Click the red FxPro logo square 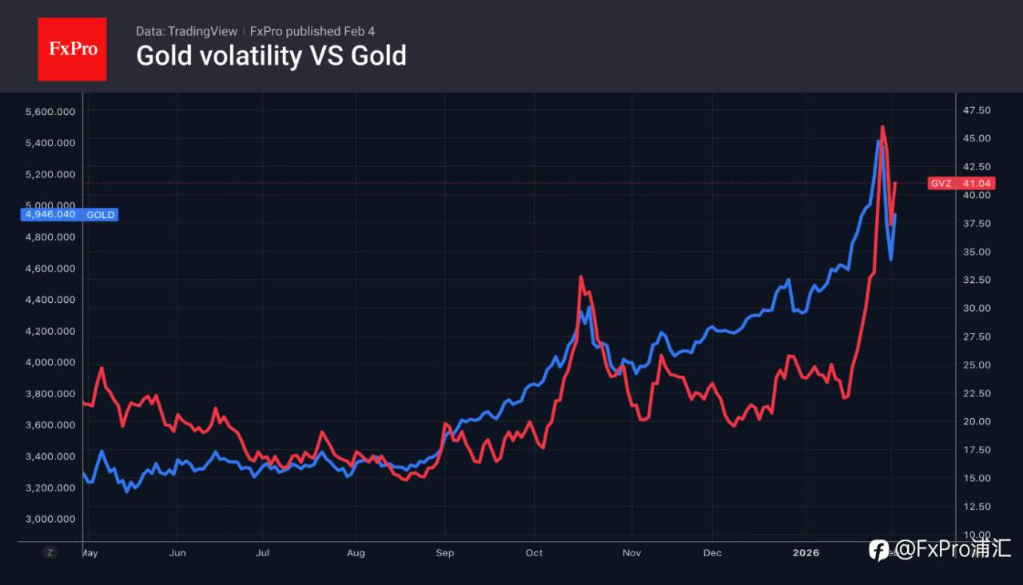tap(72, 49)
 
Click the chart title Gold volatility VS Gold tap(271, 56)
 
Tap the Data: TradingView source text tap(186, 31)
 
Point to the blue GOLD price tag tap(71, 214)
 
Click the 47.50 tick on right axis tap(977, 110)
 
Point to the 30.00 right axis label tap(977, 308)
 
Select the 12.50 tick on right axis tap(977, 507)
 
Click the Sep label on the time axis tap(445, 553)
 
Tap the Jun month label tap(177, 553)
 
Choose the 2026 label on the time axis tap(806, 553)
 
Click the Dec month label tap(712, 553)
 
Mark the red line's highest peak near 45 tap(882, 126)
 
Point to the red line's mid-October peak tap(580, 277)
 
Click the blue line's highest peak tap(878, 141)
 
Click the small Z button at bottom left tap(50, 552)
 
